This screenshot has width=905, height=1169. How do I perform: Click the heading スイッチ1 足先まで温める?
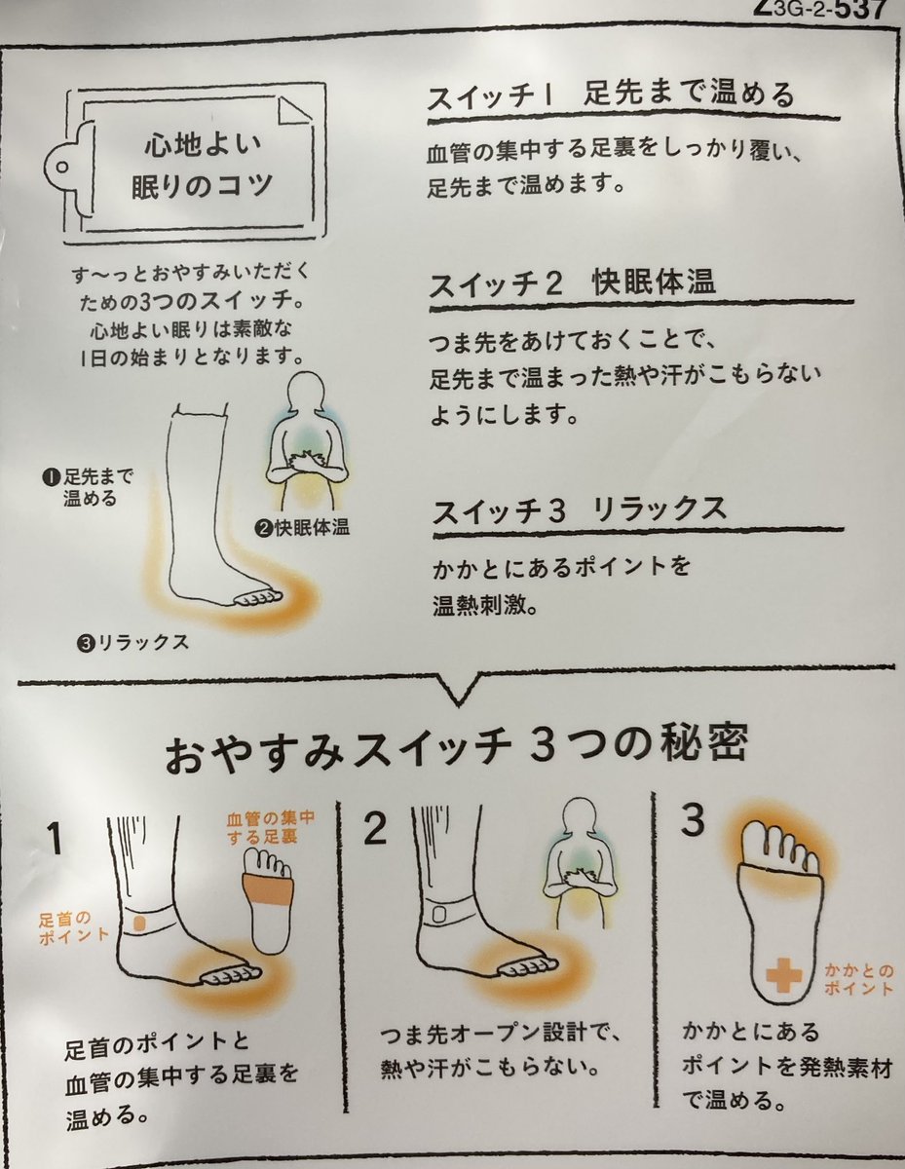click(x=611, y=95)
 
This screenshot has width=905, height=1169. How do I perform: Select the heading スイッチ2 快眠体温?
click(x=572, y=283)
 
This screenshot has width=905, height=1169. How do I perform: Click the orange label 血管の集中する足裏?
click(x=270, y=827)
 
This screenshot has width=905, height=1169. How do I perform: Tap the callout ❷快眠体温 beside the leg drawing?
click(x=303, y=528)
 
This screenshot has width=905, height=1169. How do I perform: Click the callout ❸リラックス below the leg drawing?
click(x=132, y=642)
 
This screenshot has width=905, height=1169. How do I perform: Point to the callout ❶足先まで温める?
click(x=88, y=487)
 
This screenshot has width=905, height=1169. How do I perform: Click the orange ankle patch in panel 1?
click(x=140, y=924)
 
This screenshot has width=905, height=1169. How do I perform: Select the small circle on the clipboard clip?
click(x=61, y=167)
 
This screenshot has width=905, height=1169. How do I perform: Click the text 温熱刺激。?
click(x=486, y=606)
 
